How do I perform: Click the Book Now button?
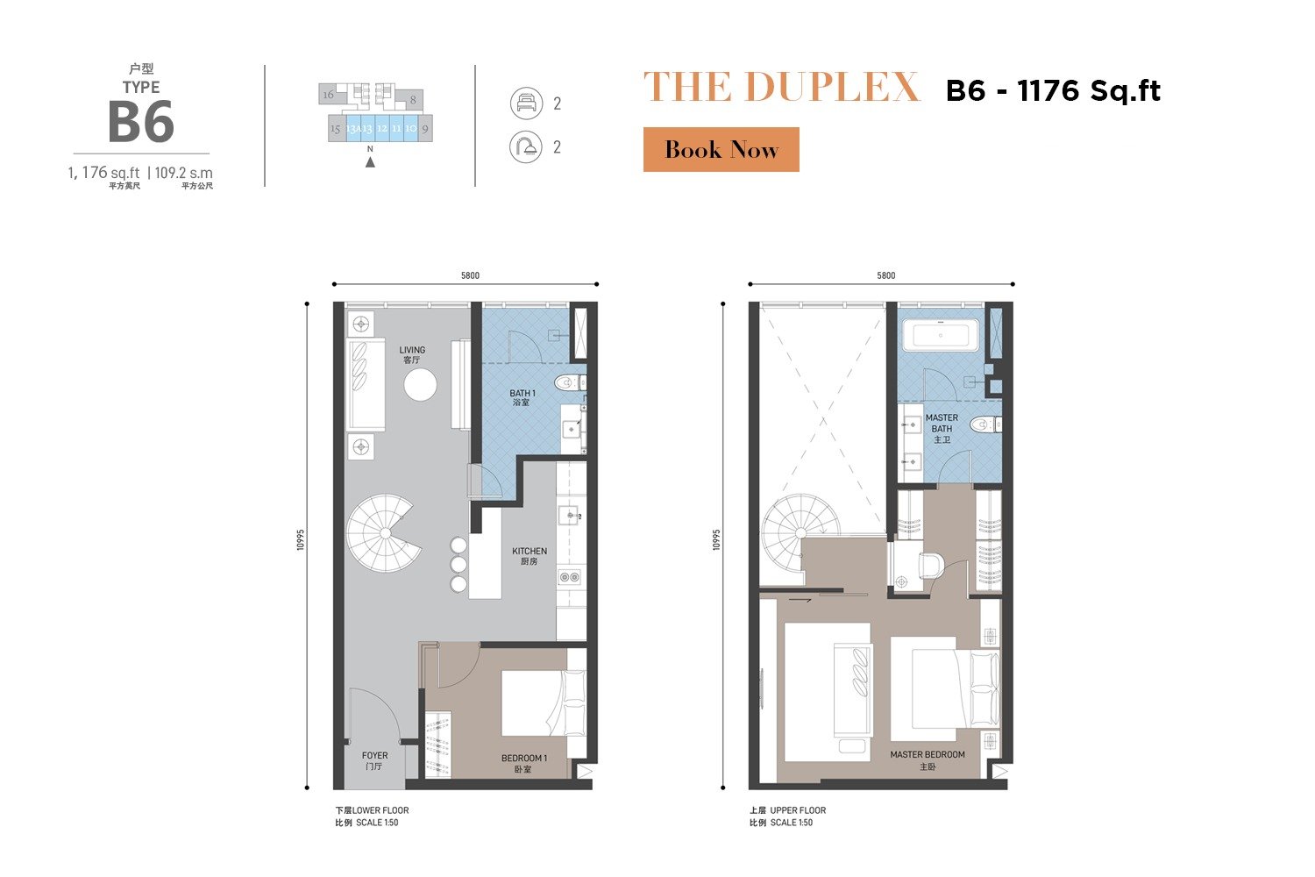pyautogui.click(x=721, y=149)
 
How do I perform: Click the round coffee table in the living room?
pyautogui.click(x=420, y=385)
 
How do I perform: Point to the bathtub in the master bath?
pyautogui.click(x=940, y=335)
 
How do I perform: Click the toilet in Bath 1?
pyautogui.click(x=568, y=383)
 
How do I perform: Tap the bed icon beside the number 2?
pyautogui.click(x=526, y=103)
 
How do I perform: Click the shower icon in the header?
pyautogui.click(x=526, y=146)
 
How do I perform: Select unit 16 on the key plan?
pyautogui.click(x=328, y=94)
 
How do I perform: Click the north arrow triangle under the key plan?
pyautogui.click(x=370, y=162)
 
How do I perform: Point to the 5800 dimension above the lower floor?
pyautogui.click(x=470, y=275)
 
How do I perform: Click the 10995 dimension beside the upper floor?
pyautogui.click(x=715, y=539)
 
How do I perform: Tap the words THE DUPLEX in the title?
pyautogui.click(x=781, y=87)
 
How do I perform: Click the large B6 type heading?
pyautogui.click(x=141, y=122)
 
